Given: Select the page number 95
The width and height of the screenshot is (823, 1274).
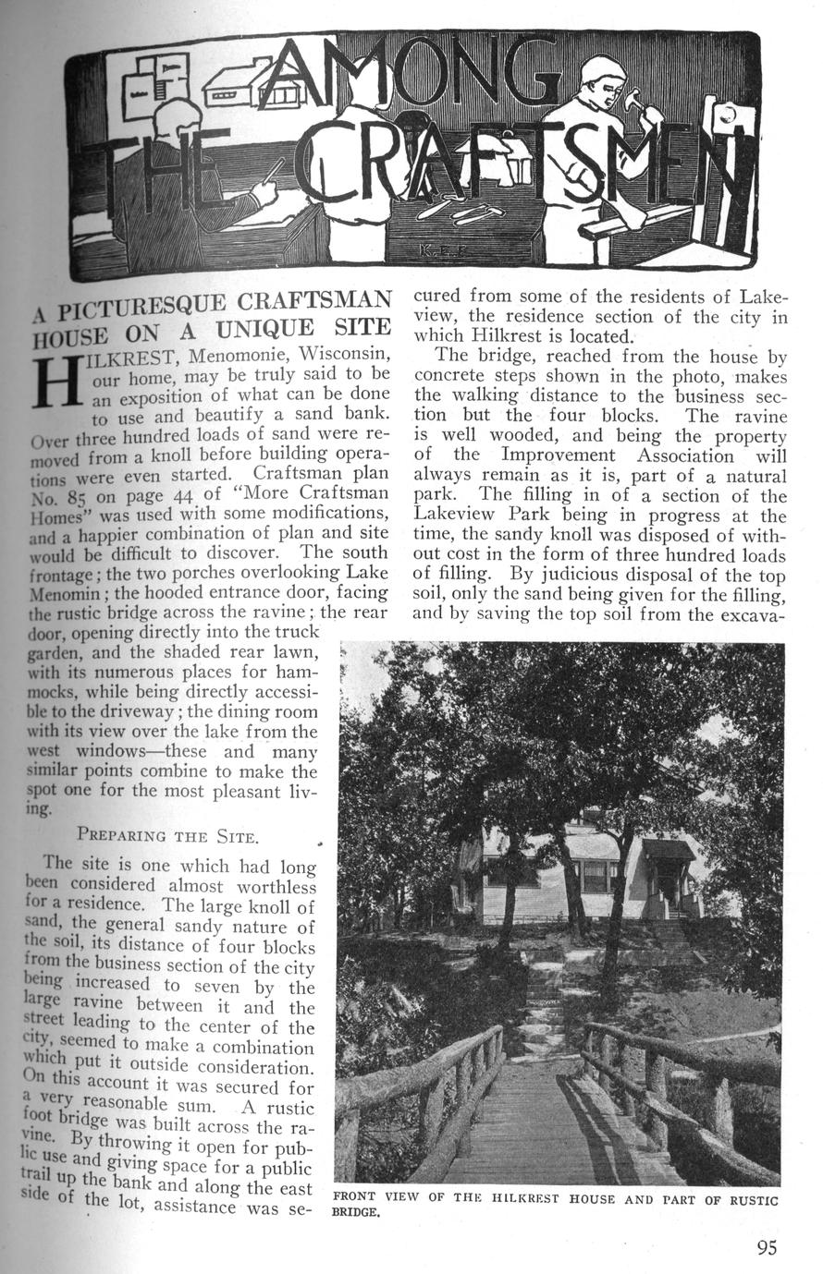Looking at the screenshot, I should [767, 1247].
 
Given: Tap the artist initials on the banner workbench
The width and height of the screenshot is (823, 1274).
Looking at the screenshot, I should [431, 249].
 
